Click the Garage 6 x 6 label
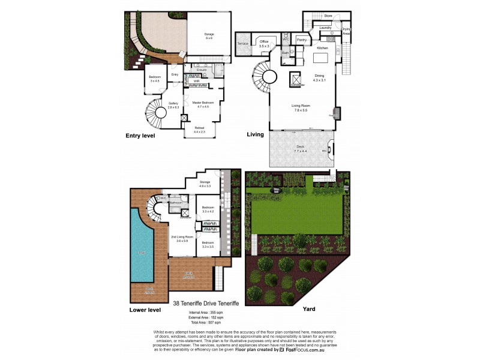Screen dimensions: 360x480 pyautogui.click(x=209, y=36)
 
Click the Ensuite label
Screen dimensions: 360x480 pyautogui.click(x=202, y=70)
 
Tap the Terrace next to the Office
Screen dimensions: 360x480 pyautogui.click(x=243, y=44)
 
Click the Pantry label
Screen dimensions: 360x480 pyautogui.click(x=302, y=41)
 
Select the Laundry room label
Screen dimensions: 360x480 pyautogui.click(x=326, y=28)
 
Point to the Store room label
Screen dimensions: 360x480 pyautogui.click(x=328, y=16)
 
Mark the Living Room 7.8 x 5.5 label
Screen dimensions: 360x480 pyautogui.click(x=300, y=108)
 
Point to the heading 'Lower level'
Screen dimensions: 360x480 pyautogui.click(x=145, y=310)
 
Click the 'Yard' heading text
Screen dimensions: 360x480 pyautogui.click(x=309, y=310)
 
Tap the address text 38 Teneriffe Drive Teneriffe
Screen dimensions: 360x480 pyautogui.click(x=206, y=304)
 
